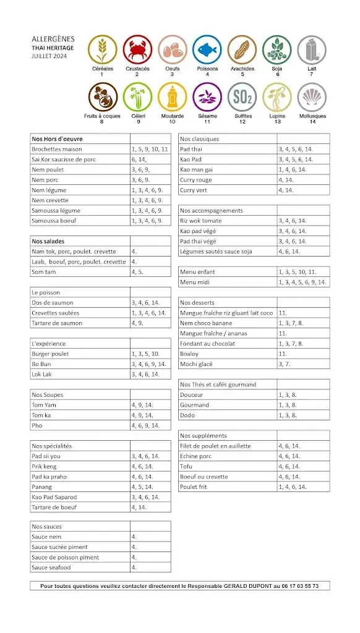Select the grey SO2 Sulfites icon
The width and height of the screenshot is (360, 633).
point(242,97)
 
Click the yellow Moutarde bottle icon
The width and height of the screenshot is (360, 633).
point(172,97)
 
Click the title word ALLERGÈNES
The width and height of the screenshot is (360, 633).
point(53,38)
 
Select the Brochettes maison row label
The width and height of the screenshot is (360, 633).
point(57,149)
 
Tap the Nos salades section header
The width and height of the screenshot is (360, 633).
point(48,241)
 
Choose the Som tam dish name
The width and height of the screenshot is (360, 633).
point(43,272)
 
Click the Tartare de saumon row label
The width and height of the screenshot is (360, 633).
point(57,323)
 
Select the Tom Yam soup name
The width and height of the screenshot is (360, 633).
point(44,405)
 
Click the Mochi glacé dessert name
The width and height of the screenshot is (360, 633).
point(196,364)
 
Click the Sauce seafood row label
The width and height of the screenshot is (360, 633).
point(51,567)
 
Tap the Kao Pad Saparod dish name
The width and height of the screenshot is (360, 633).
point(54,497)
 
